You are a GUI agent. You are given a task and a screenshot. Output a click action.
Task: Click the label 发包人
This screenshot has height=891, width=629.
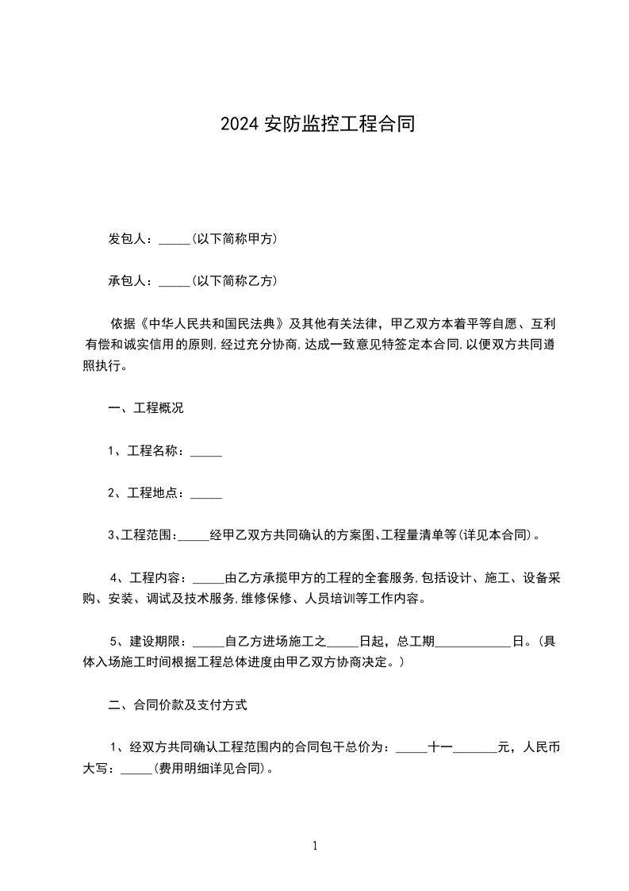[x=128, y=239]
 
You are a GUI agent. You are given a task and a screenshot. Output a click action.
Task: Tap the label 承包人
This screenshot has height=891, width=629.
[x=128, y=281]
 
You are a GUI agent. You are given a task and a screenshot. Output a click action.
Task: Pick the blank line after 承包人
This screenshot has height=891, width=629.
[x=175, y=283]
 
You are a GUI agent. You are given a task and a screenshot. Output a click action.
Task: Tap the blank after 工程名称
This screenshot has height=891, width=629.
[x=206, y=453]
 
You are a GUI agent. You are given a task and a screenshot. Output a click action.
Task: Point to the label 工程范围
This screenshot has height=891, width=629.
[x=147, y=535]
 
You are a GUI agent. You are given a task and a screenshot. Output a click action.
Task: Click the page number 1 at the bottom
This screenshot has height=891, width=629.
[x=315, y=847]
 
